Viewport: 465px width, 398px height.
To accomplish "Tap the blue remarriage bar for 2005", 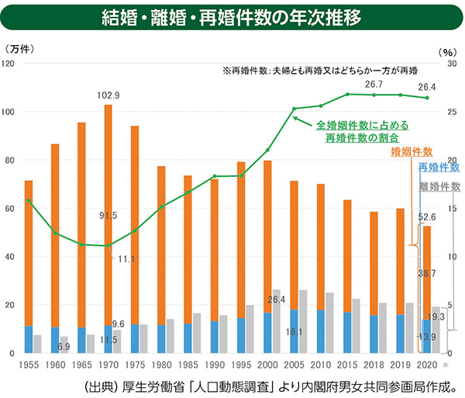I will [x=294, y=331].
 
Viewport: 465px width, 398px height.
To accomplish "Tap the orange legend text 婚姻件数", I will [x=412, y=152].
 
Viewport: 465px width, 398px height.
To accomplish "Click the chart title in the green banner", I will [x=232, y=18].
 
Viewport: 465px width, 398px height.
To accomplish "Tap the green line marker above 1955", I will [x=29, y=201].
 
